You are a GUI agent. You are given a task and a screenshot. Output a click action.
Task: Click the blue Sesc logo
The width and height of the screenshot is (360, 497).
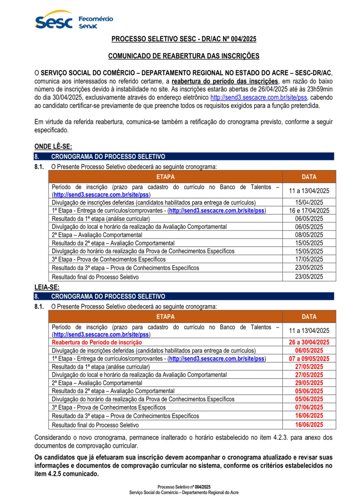click(53, 21)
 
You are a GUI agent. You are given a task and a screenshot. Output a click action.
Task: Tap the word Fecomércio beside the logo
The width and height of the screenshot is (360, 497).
click(96, 19)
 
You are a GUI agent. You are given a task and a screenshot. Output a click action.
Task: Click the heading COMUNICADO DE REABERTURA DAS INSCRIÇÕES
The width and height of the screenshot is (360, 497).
click(183, 56)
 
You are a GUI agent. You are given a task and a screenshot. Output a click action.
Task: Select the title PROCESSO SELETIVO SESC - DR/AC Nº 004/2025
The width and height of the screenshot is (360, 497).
click(184, 39)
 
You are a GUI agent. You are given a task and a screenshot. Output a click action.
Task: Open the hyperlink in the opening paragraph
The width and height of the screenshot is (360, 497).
click(259, 98)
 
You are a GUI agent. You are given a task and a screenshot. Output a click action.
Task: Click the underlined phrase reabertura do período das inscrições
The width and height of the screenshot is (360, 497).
click(225, 81)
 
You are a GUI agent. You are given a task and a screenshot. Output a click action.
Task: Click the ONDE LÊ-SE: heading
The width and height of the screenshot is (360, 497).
click(53, 147)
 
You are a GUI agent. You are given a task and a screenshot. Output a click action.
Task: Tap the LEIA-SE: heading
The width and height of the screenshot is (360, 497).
click(47, 287)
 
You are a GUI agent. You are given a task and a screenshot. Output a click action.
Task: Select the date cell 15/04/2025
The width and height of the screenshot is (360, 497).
click(309, 202)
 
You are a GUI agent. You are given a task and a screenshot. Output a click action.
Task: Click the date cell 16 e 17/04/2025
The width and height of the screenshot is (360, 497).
click(309, 211)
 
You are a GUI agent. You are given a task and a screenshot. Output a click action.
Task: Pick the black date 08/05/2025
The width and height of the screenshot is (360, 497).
click(309, 235)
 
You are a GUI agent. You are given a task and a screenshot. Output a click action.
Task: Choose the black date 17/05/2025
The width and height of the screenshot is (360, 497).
click(309, 259)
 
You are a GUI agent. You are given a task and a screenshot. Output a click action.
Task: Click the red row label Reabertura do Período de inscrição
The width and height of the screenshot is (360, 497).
click(97, 342)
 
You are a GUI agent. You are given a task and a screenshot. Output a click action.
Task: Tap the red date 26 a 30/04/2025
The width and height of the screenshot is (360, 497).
click(309, 342)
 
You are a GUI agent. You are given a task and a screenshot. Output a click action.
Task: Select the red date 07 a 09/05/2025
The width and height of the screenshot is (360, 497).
click(309, 358)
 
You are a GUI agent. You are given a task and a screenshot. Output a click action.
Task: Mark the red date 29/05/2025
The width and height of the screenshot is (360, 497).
click(309, 383)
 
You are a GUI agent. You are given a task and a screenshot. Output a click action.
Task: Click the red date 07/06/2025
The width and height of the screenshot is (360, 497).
click(309, 407)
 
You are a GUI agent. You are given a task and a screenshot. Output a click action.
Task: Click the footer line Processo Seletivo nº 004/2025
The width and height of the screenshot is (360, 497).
click(184, 487)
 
